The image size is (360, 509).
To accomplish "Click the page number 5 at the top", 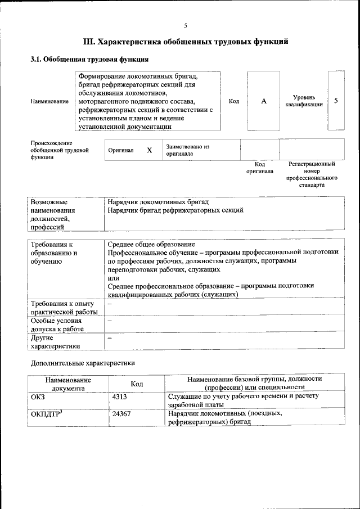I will (185, 25).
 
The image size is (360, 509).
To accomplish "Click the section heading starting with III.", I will (185, 42).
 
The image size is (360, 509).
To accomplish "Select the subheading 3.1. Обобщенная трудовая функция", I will (89, 59).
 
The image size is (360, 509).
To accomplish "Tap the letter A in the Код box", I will (263, 101).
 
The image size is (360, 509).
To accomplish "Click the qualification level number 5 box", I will (336, 101).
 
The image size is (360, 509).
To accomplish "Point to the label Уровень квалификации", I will (304, 101).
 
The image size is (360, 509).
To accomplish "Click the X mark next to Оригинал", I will (149, 151).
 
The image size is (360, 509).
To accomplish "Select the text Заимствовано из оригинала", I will (187, 150).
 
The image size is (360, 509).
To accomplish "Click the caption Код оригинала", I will (259, 168).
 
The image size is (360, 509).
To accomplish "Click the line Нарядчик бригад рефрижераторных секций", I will (175, 210).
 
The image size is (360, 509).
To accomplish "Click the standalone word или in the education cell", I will (112, 278).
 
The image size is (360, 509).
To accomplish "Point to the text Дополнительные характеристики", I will (83, 363).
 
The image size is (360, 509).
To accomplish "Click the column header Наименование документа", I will (68, 384).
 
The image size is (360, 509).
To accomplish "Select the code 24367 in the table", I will (121, 414).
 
